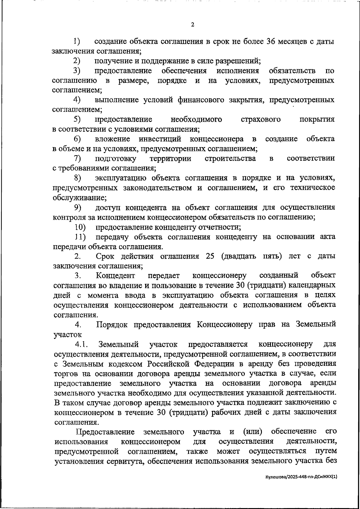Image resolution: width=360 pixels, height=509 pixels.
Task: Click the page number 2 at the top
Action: pos(192,25)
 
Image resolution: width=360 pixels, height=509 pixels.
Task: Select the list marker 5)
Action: pos(77,119)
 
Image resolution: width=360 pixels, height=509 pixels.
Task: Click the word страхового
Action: pos(261,119)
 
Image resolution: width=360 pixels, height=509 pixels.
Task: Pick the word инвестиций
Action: pos(160,139)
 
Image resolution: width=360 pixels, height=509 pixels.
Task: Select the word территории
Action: pos(170,158)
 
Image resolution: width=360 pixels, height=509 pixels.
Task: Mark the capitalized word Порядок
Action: pos(112,325)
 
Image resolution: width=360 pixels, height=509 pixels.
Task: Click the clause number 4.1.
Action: pos(81,344)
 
